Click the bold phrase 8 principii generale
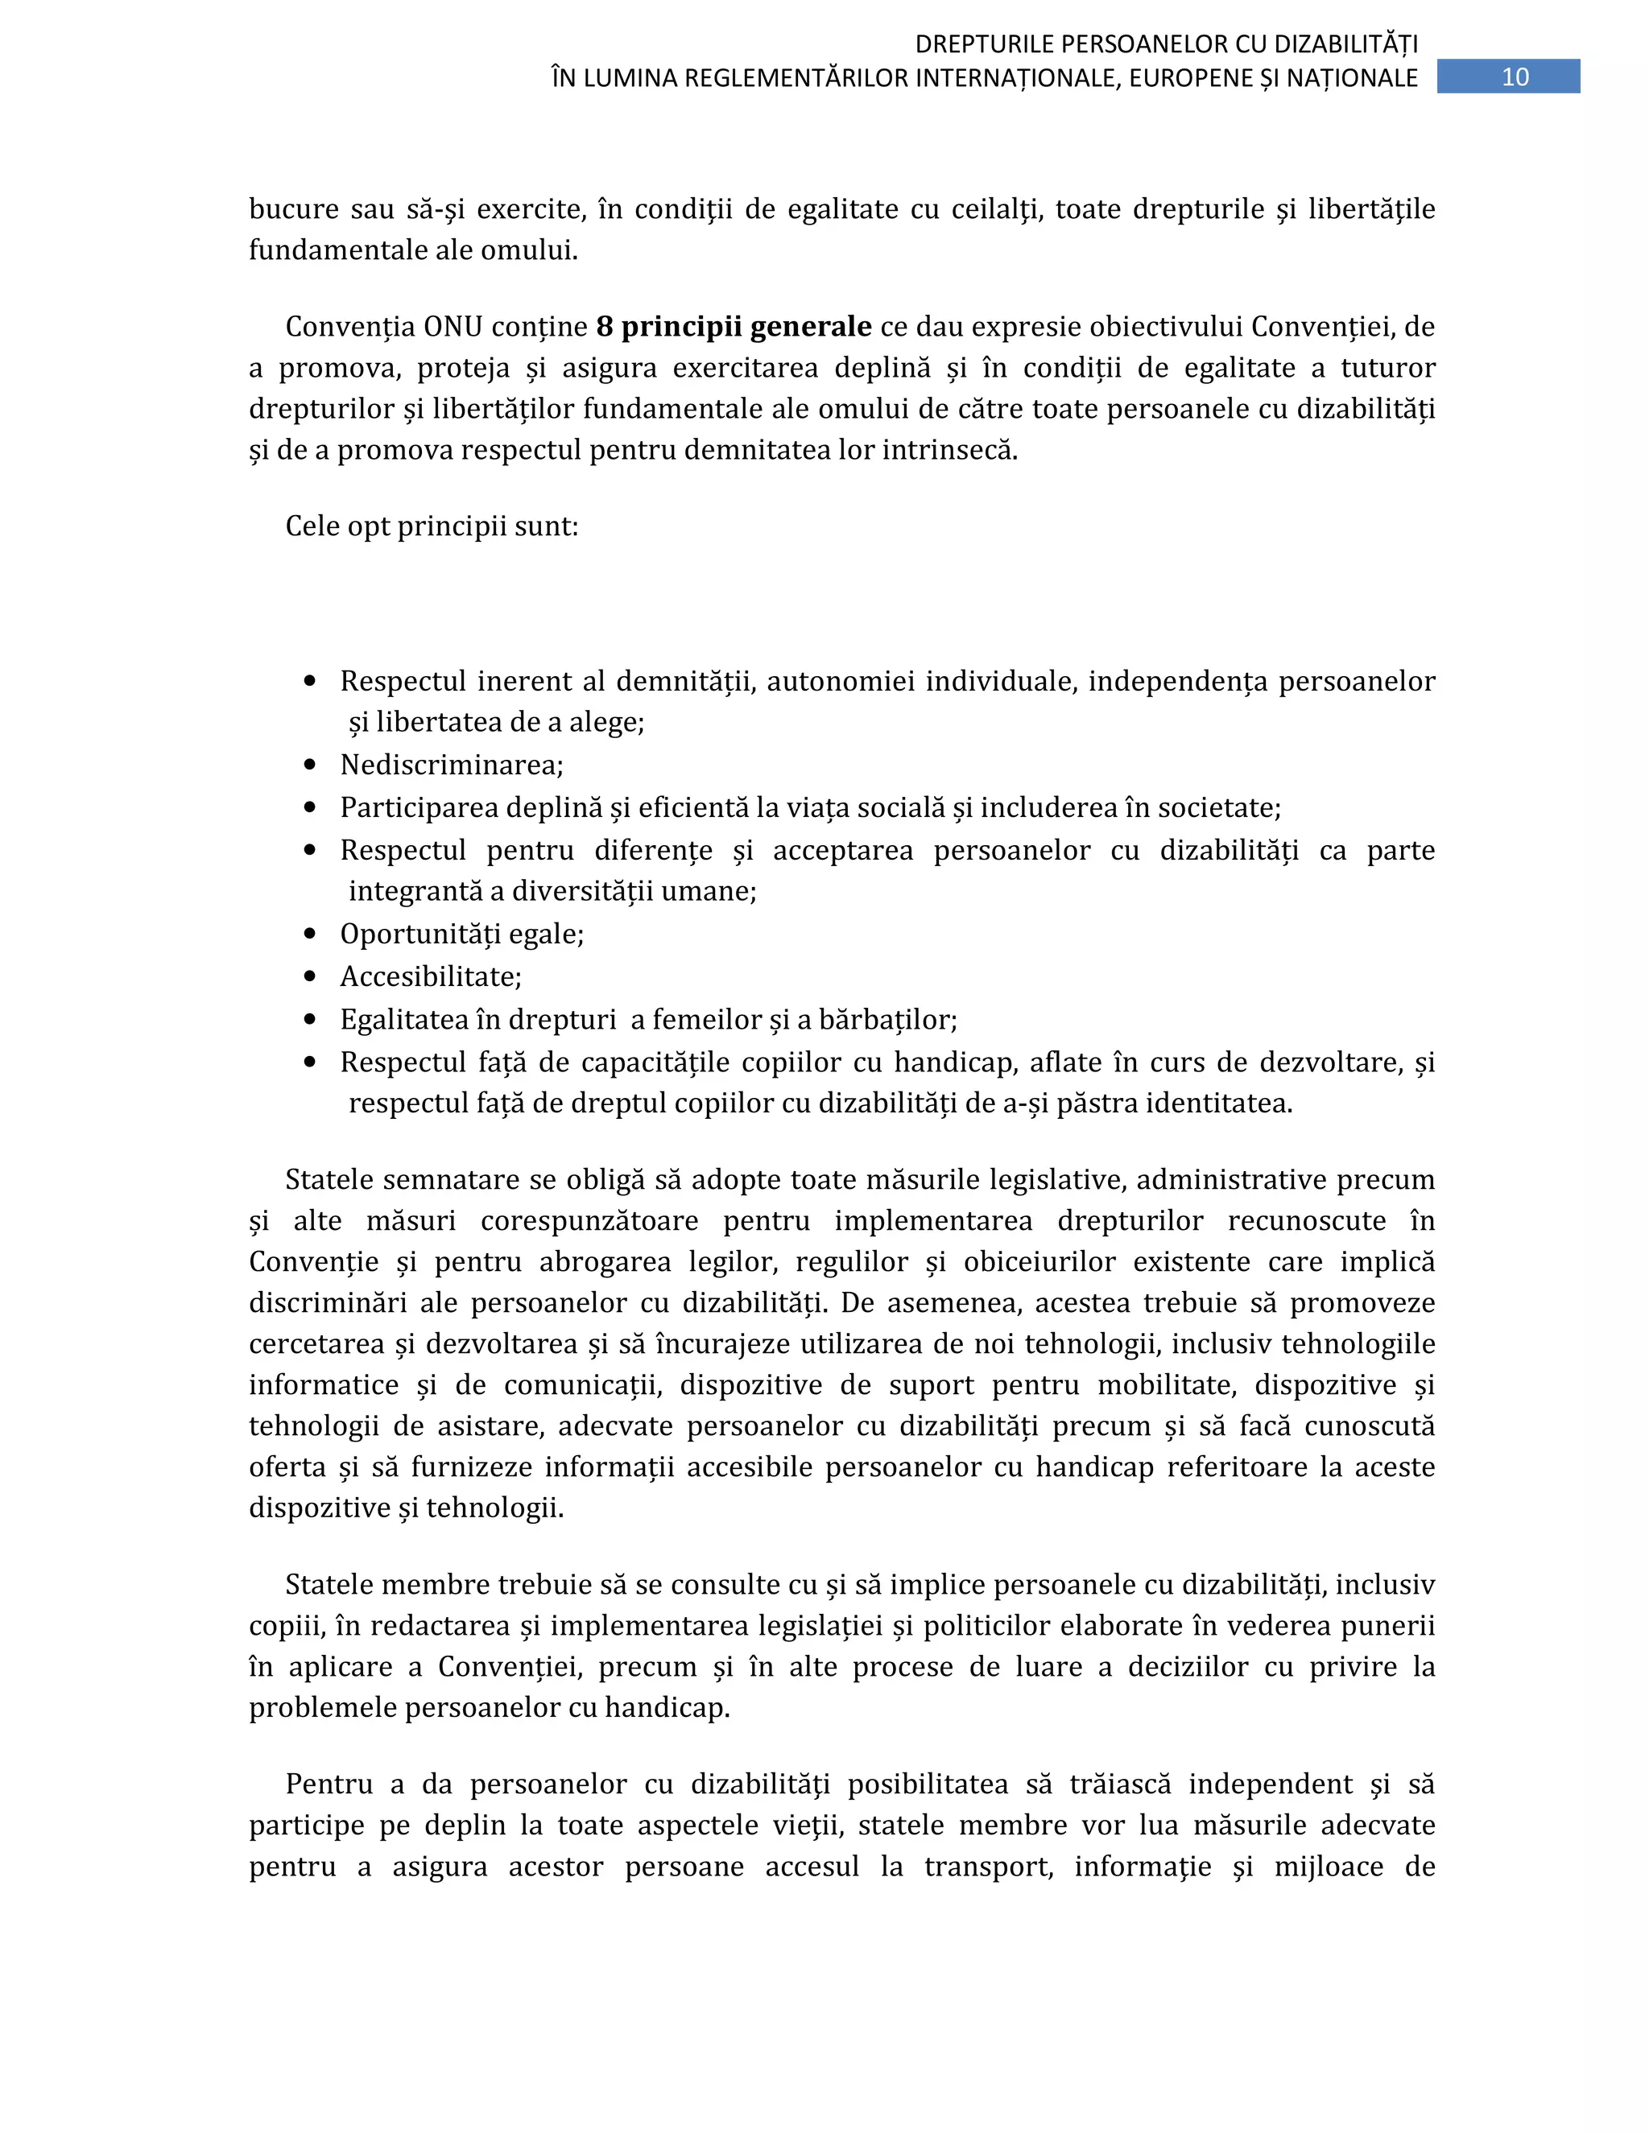pos(734,326)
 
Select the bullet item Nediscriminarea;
pos(452,765)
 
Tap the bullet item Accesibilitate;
pos(431,976)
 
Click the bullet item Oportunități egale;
pos(461,934)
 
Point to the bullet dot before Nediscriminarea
pos(311,765)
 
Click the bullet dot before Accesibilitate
pos(311,976)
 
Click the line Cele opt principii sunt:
pos(432,526)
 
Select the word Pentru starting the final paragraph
pos(329,1784)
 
